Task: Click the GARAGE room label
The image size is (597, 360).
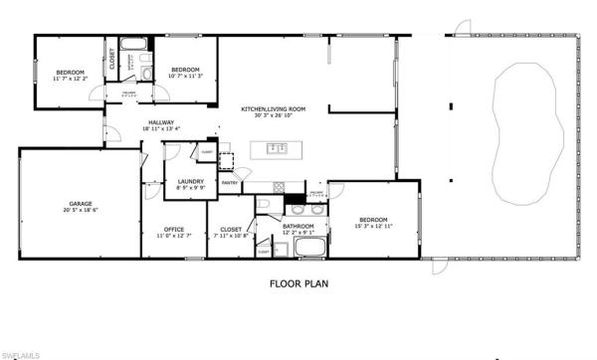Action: coord(82,203)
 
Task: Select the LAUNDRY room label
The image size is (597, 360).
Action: coord(190,181)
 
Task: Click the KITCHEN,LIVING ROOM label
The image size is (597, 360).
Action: coord(273,108)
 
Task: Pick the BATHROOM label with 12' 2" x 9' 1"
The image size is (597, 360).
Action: coord(298,226)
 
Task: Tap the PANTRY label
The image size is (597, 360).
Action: coord(228,183)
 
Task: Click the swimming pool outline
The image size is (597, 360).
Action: coord(522,131)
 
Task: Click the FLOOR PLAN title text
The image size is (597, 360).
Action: coord(299,283)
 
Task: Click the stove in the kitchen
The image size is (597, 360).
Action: coord(278,185)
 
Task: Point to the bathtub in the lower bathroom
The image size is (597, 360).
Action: coord(310,248)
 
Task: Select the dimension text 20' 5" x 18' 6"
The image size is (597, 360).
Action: coord(82,210)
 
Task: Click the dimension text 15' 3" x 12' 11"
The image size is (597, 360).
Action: coord(373,227)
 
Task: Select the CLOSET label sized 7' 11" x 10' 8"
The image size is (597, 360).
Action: coord(232,229)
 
